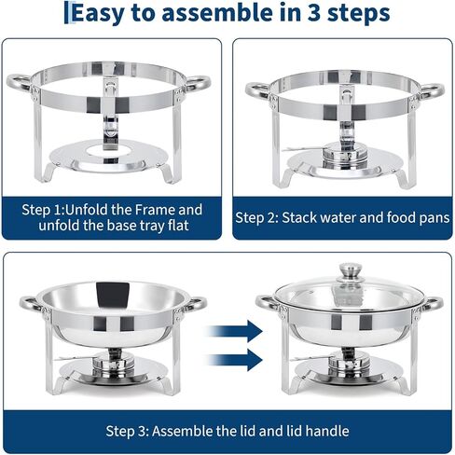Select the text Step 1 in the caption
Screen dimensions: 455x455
tap(48, 210)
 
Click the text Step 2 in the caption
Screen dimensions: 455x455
tap(260, 218)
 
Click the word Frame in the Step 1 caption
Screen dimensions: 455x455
tap(151, 210)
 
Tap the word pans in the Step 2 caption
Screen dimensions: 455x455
tap(434, 218)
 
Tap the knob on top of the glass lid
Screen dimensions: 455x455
tap(349, 271)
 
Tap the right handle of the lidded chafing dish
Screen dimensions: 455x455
tap(433, 305)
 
